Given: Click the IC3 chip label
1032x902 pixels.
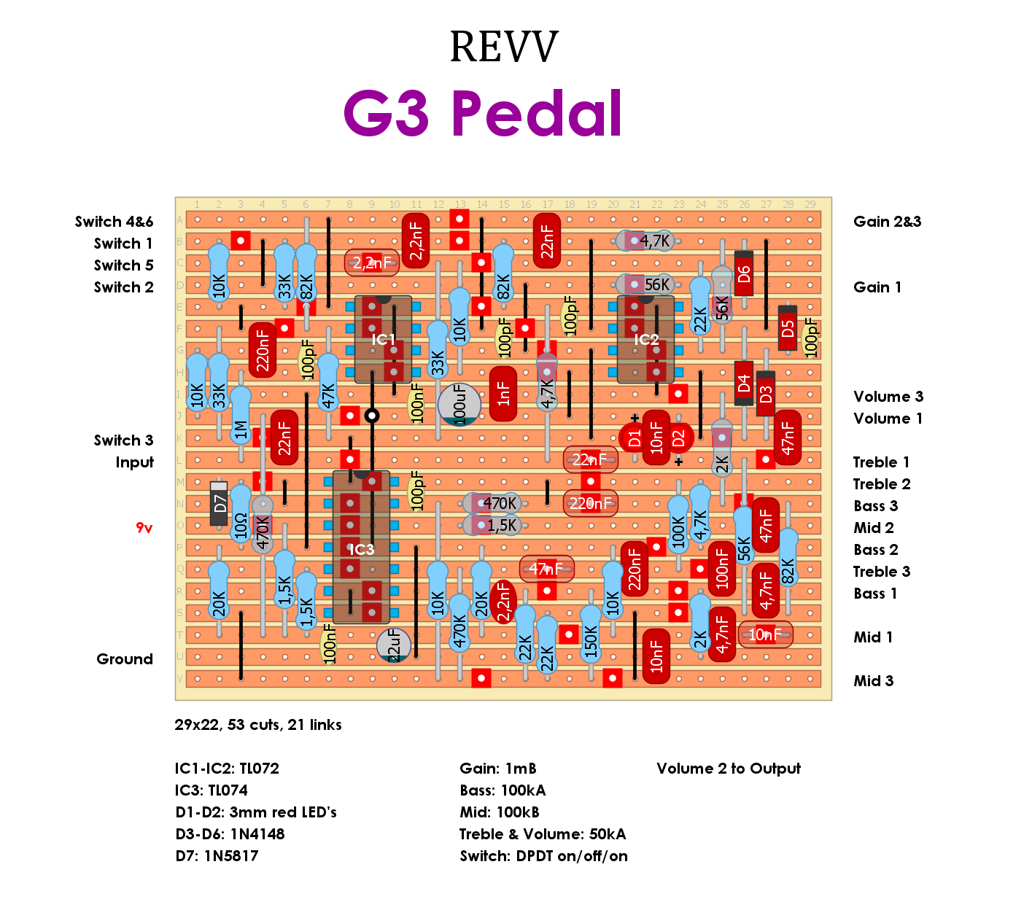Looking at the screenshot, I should [x=361, y=549].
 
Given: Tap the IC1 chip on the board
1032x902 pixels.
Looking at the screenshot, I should [x=383, y=340].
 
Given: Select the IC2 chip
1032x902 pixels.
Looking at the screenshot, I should [x=645, y=340].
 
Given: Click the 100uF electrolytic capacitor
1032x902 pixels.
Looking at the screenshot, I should [x=459, y=404].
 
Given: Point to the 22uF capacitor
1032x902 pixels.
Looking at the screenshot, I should [x=394, y=645].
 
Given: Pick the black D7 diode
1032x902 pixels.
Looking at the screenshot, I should [x=219, y=503].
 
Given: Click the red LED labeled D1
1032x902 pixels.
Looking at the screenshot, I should [x=634, y=438].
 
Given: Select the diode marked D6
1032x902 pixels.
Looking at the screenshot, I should [x=743, y=273].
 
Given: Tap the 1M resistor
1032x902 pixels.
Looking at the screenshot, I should [x=241, y=416].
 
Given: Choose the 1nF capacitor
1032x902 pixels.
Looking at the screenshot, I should [x=503, y=394].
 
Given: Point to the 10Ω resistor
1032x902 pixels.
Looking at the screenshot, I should [x=241, y=514].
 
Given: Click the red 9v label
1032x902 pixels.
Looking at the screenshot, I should [x=144, y=527].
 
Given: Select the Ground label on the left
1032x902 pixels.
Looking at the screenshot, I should [x=125, y=659].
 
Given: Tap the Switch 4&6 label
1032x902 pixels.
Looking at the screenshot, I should [x=114, y=222].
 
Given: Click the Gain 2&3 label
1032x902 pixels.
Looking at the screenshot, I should [x=887, y=222].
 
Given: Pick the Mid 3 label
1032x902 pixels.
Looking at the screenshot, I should [x=873, y=681].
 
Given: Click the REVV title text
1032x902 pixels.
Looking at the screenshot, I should [x=504, y=47].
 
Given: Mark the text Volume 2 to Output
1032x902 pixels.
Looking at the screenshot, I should [x=728, y=769].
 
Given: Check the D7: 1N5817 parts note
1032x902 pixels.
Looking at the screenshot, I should [x=217, y=856].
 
